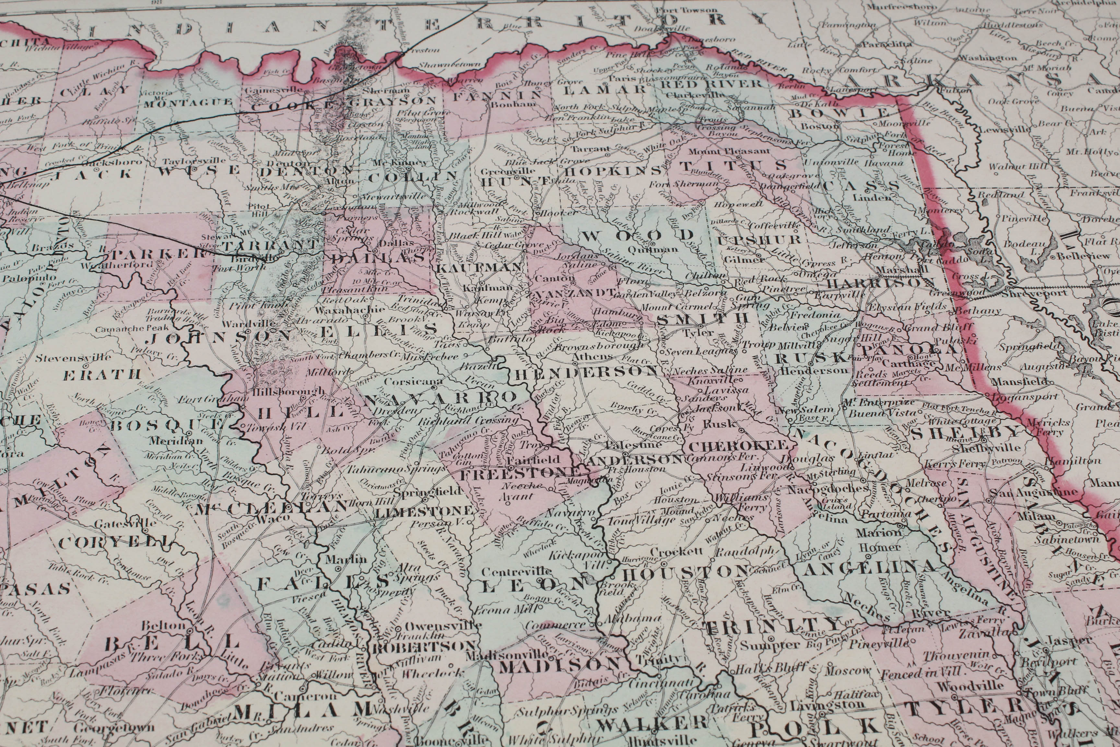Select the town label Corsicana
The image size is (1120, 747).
[x=413, y=382]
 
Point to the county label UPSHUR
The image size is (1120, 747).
[x=759, y=240]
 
